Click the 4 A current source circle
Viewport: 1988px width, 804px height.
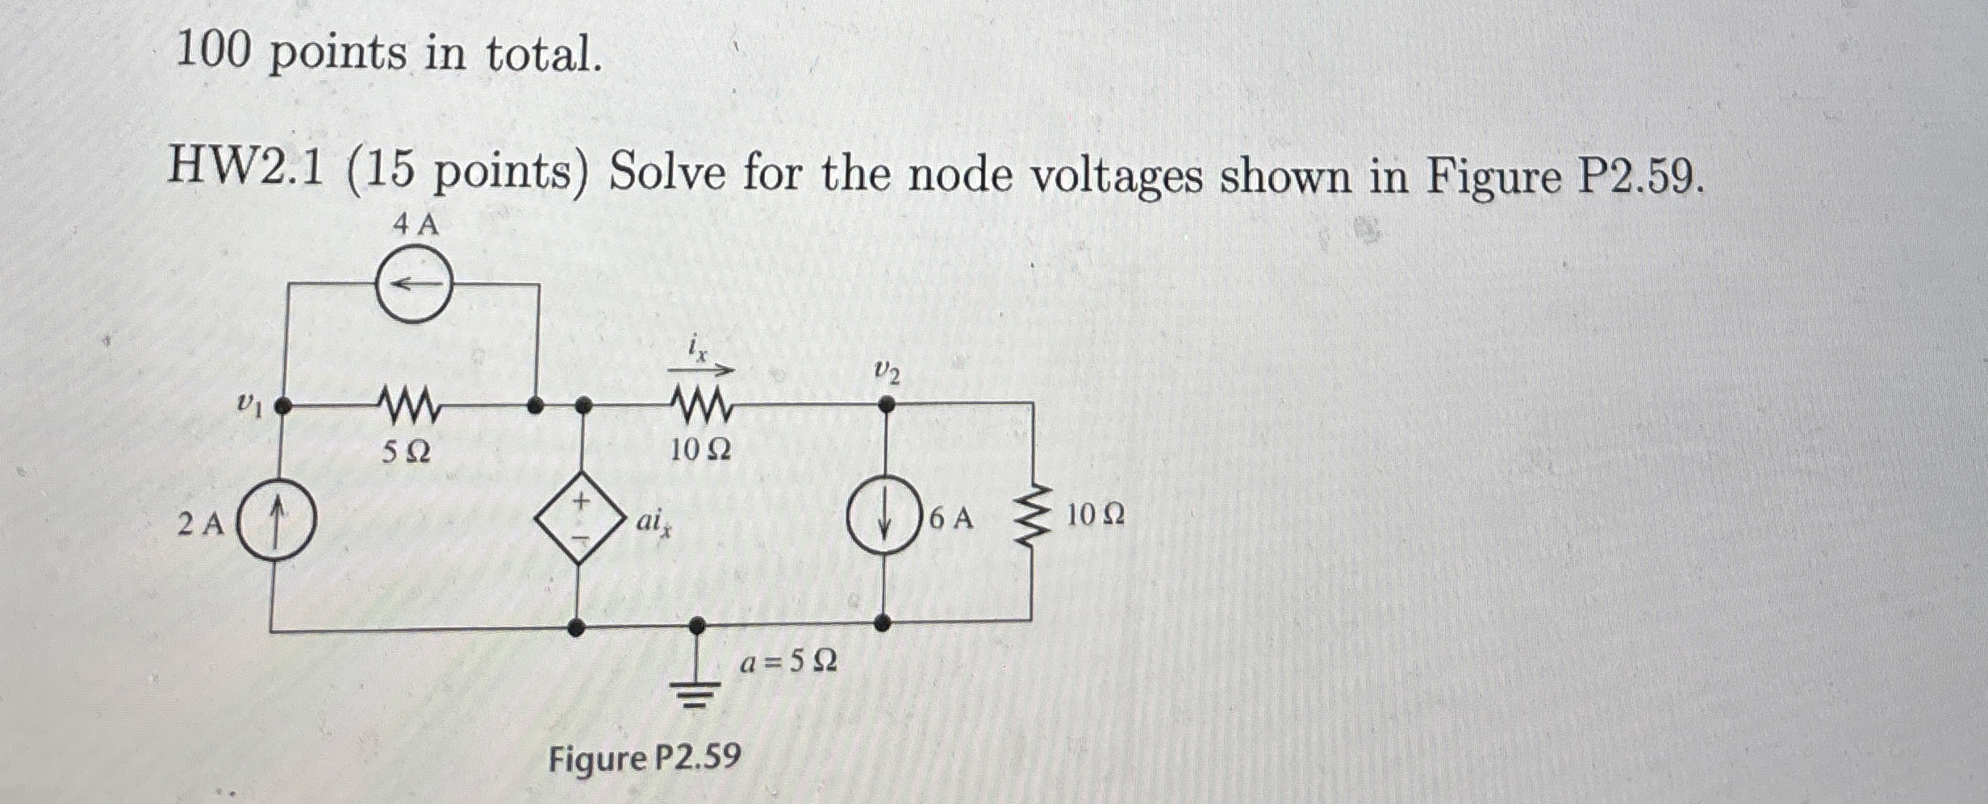(415, 285)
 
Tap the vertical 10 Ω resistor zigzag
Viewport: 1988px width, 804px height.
(1032, 516)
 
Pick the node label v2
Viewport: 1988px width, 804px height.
(887, 373)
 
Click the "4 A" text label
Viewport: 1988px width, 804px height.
(416, 225)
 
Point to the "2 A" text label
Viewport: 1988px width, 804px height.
(201, 525)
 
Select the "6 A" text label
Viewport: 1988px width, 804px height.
(952, 519)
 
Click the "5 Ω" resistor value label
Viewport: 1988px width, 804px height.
(406, 453)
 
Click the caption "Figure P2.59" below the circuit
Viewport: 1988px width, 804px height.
(644, 759)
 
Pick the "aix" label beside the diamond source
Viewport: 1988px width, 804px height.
(655, 524)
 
